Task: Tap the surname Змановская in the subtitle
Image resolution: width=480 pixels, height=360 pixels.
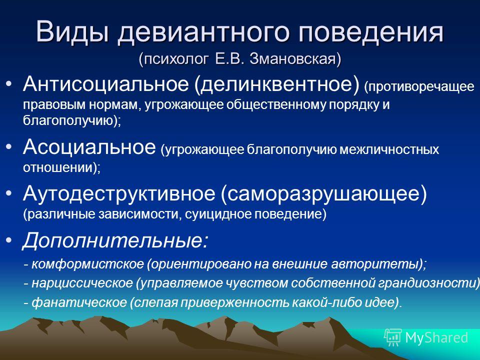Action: [x=295, y=59]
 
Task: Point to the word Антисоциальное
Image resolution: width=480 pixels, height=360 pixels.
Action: [x=105, y=83]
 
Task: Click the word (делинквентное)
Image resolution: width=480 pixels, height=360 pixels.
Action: [x=276, y=83]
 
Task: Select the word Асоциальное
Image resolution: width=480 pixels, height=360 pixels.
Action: [x=89, y=146]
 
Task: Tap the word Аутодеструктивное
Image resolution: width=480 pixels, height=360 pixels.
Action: [x=119, y=193]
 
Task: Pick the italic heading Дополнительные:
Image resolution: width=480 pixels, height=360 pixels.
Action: [x=115, y=240]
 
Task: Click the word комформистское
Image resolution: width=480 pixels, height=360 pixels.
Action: [x=87, y=263]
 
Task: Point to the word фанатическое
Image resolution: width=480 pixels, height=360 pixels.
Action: [x=79, y=302]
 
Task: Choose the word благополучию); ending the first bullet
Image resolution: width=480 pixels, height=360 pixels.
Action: [x=72, y=121]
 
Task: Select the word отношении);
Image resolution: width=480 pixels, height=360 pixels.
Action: [x=61, y=168]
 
